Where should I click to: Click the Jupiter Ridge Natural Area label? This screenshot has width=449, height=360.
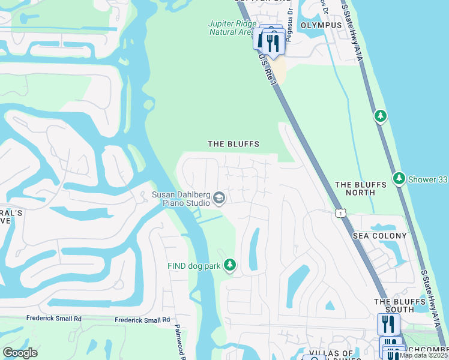[x=231, y=28]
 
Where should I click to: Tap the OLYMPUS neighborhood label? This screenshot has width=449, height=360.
[x=321, y=25]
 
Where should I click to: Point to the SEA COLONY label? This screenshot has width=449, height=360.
[x=379, y=236]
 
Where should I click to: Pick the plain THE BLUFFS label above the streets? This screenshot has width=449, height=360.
[x=233, y=144]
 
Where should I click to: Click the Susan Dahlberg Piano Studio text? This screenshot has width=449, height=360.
[x=181, y=198]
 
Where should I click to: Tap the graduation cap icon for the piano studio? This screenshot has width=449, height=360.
[x=220, y=198]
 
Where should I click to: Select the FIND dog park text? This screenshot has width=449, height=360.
[x=194, y=265]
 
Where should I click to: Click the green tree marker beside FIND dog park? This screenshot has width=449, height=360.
[x=229, y=265]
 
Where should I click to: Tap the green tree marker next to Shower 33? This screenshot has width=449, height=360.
[x=399, y=178]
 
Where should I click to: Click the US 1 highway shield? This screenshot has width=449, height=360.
[x=340, y=213]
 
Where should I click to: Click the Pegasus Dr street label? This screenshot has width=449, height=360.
[x=289, y=36]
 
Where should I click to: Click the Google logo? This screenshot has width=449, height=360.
[x=20, y=353]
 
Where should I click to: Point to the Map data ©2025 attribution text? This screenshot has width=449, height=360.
[x=424, y=355]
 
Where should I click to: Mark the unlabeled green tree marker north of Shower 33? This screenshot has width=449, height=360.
[x=380, y=116]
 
